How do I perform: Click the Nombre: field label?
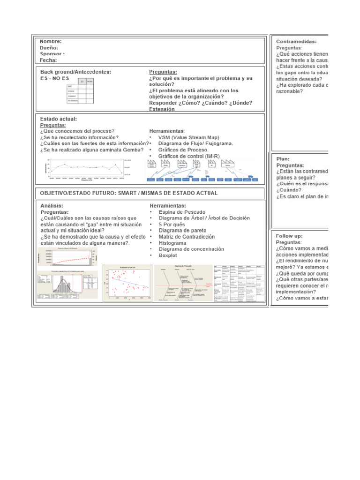(51, 41)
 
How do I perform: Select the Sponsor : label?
(52, 53)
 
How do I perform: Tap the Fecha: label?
(49, 60)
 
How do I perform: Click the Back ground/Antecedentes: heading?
(75, 72)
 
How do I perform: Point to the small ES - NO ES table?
(80, 91)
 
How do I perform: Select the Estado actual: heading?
(59, 119)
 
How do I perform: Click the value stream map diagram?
(201, 170)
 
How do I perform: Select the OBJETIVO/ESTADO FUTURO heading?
(128, 193)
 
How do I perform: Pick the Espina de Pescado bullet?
(183, 212)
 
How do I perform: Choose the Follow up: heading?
(289, 236)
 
